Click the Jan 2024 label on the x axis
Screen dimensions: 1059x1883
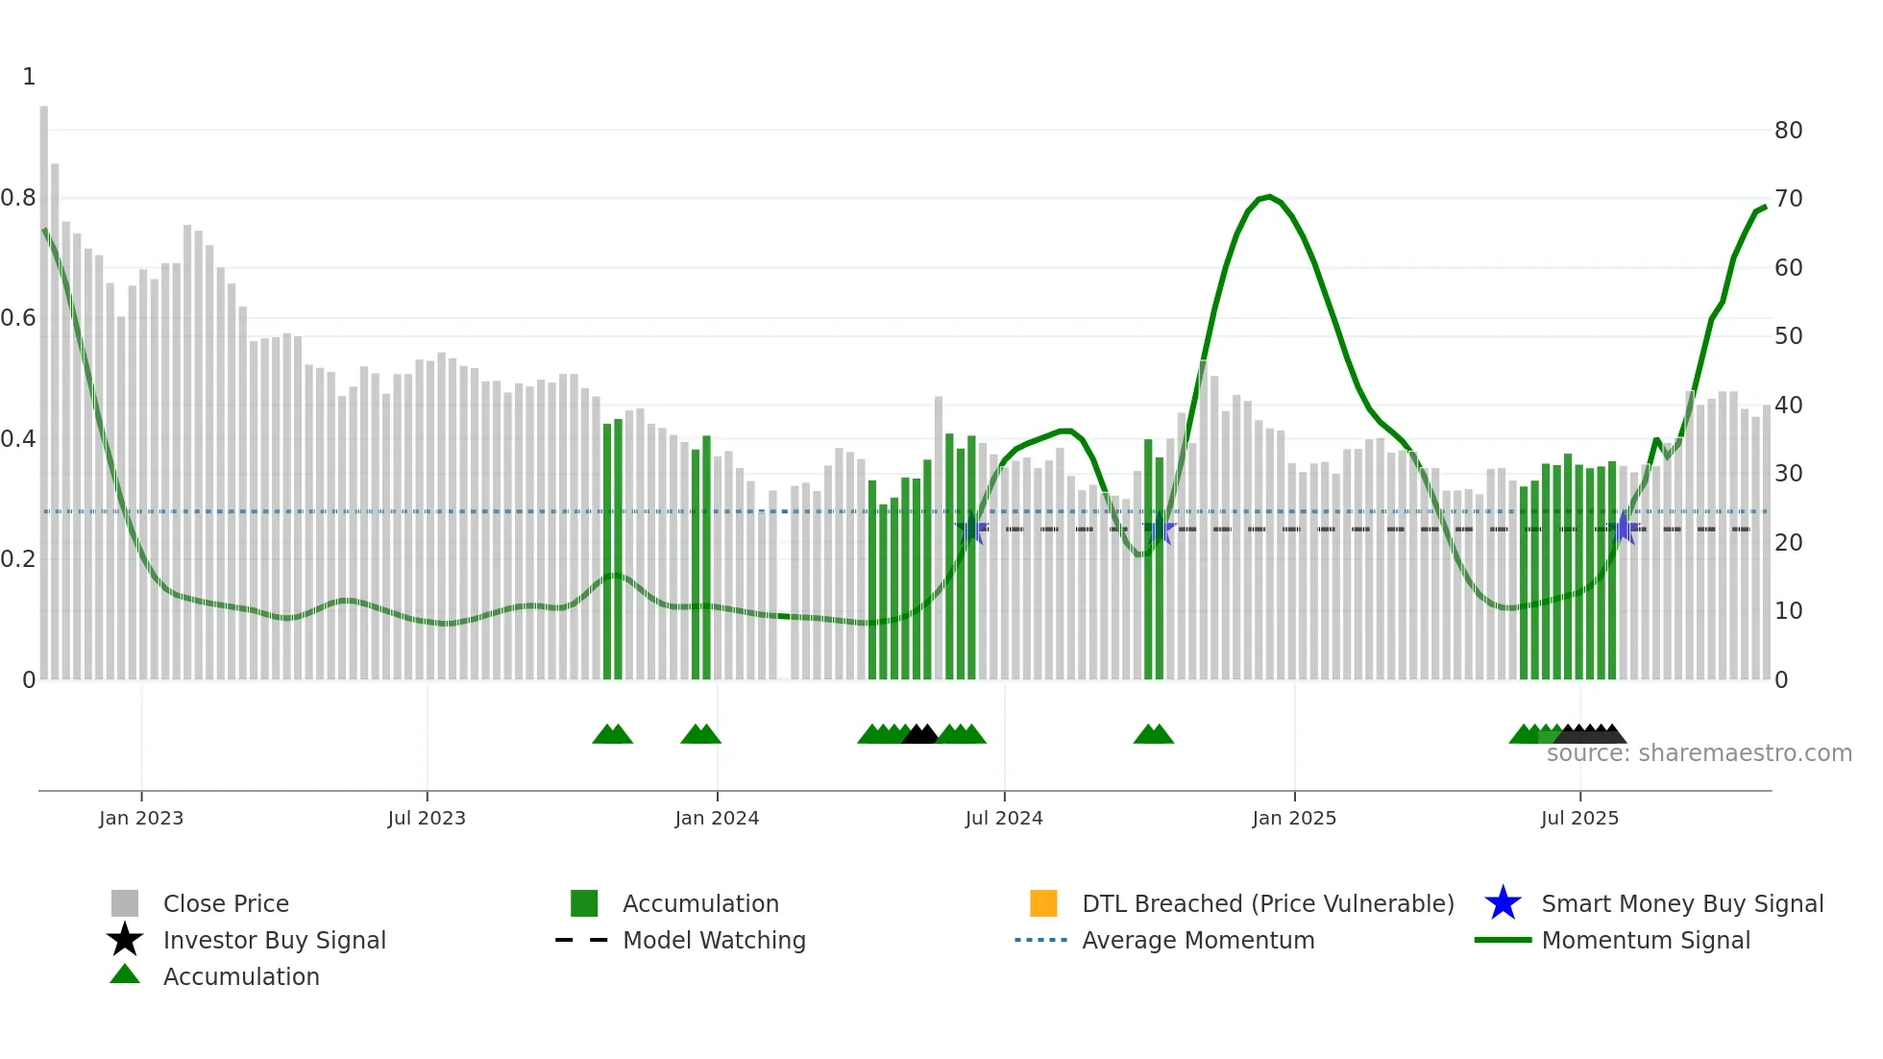pyautogui.click(x=717, y=818)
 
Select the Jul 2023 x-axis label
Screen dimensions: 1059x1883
pyautogui.click(x=427, y=818)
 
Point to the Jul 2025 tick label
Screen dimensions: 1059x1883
pyautogui.click(x=1579, y=818)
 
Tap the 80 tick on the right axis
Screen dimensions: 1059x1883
pyautogui.click(x=1788, y=131)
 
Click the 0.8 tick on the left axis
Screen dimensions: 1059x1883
pyautogui.click(x=18, y=198)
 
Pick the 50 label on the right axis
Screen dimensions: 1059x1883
pyautogui.click(x=1788, y=336)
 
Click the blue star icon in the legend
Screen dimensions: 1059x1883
pyautogui.click(x=1503, y=903)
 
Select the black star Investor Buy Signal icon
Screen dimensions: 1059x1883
pyautogui.click(x=125, y=940)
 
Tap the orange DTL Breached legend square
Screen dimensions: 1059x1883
pyautogui.click(x=1043, y=903)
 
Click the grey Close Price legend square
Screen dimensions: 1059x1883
pyautogui.click(x=125, y=903)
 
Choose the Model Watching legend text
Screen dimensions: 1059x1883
pyautogui.click(x=714, y=940)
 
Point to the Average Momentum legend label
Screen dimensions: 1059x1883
pyautogui.click(x=1198, y=940)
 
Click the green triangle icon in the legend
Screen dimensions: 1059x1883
pyautogui.click(x=125, y=974)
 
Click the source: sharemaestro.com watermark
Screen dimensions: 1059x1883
pyautogui.click(x=1699, y=753)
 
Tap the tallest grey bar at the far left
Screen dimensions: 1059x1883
pyautogui.click(x=44, y=384)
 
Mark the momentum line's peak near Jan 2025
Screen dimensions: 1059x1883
pyautogui.click(x=1269, y=197)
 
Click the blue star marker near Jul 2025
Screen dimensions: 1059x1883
pyautogui.click(x=1624, y=528)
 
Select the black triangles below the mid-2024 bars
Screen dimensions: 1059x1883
pyautogui.click(x=920, y=734)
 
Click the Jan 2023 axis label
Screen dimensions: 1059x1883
pyautogui.click(x=141, y=818)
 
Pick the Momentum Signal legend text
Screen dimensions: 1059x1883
pyautogui.click(x=1646, y=940)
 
